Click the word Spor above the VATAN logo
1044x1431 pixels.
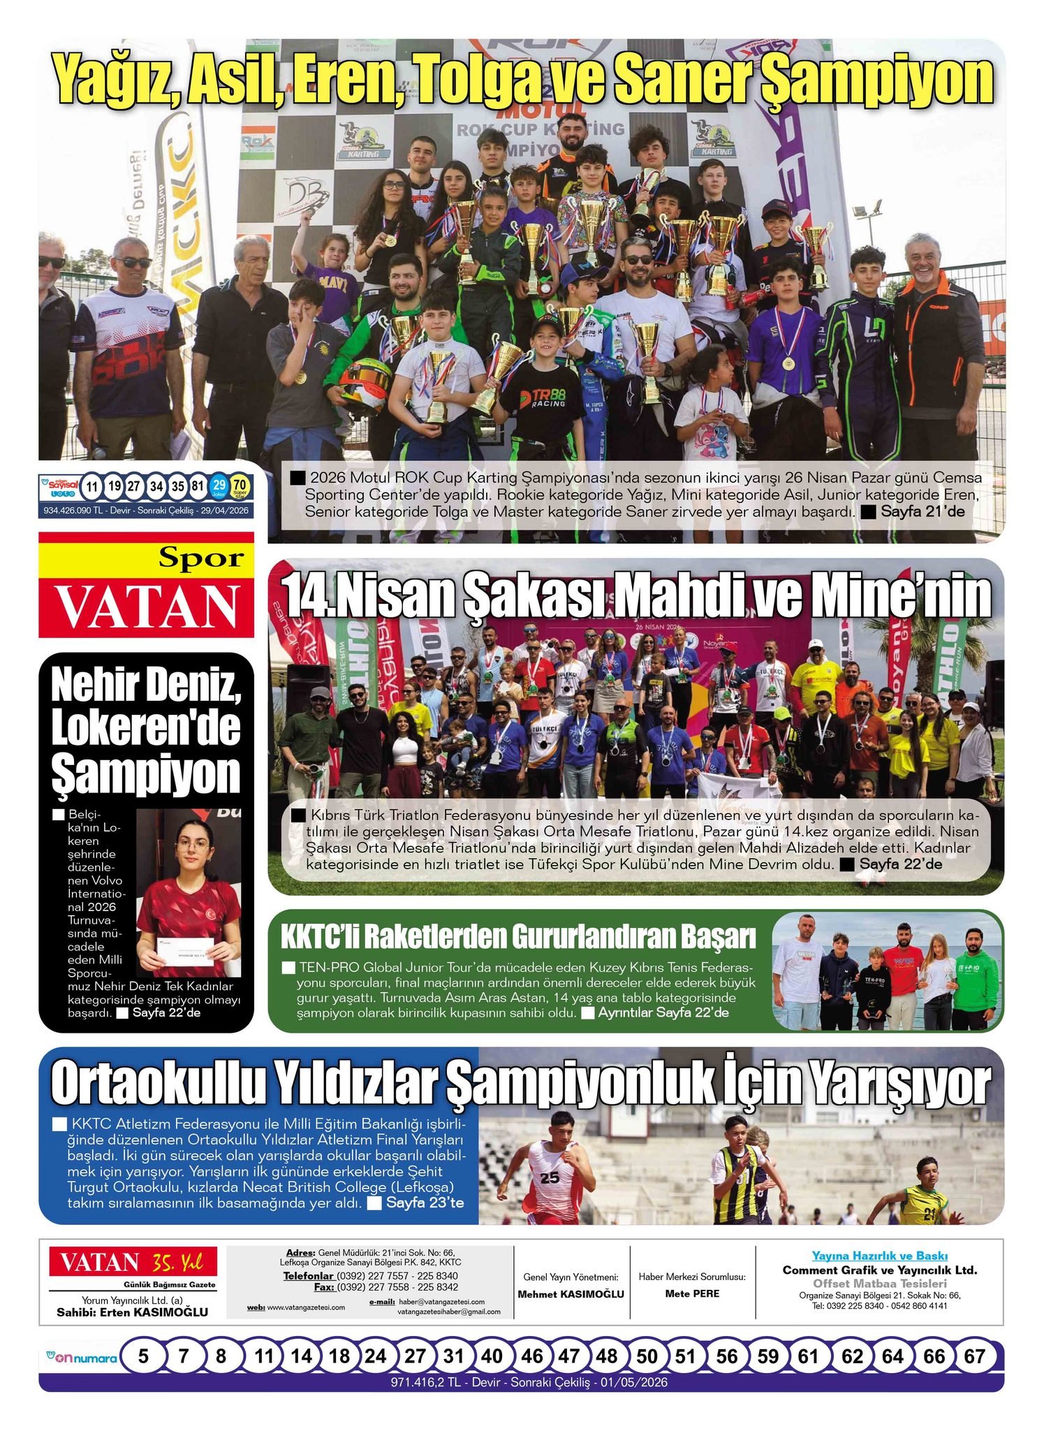[200, 558]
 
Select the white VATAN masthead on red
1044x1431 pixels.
[147, 605]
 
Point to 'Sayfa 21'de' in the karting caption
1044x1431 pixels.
[922, 511]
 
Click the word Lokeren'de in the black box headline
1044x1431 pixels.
[146, 729]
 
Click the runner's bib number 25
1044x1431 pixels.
[550, 1177]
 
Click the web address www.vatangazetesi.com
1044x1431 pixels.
[306, 1307]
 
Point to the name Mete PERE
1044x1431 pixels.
[692, 1293]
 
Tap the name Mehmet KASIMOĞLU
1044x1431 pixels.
[571, 1294]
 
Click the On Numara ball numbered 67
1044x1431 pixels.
[973, 1357]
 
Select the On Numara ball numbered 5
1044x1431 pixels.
[143, 1357]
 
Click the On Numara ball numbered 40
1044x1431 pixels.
[492, 1357]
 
